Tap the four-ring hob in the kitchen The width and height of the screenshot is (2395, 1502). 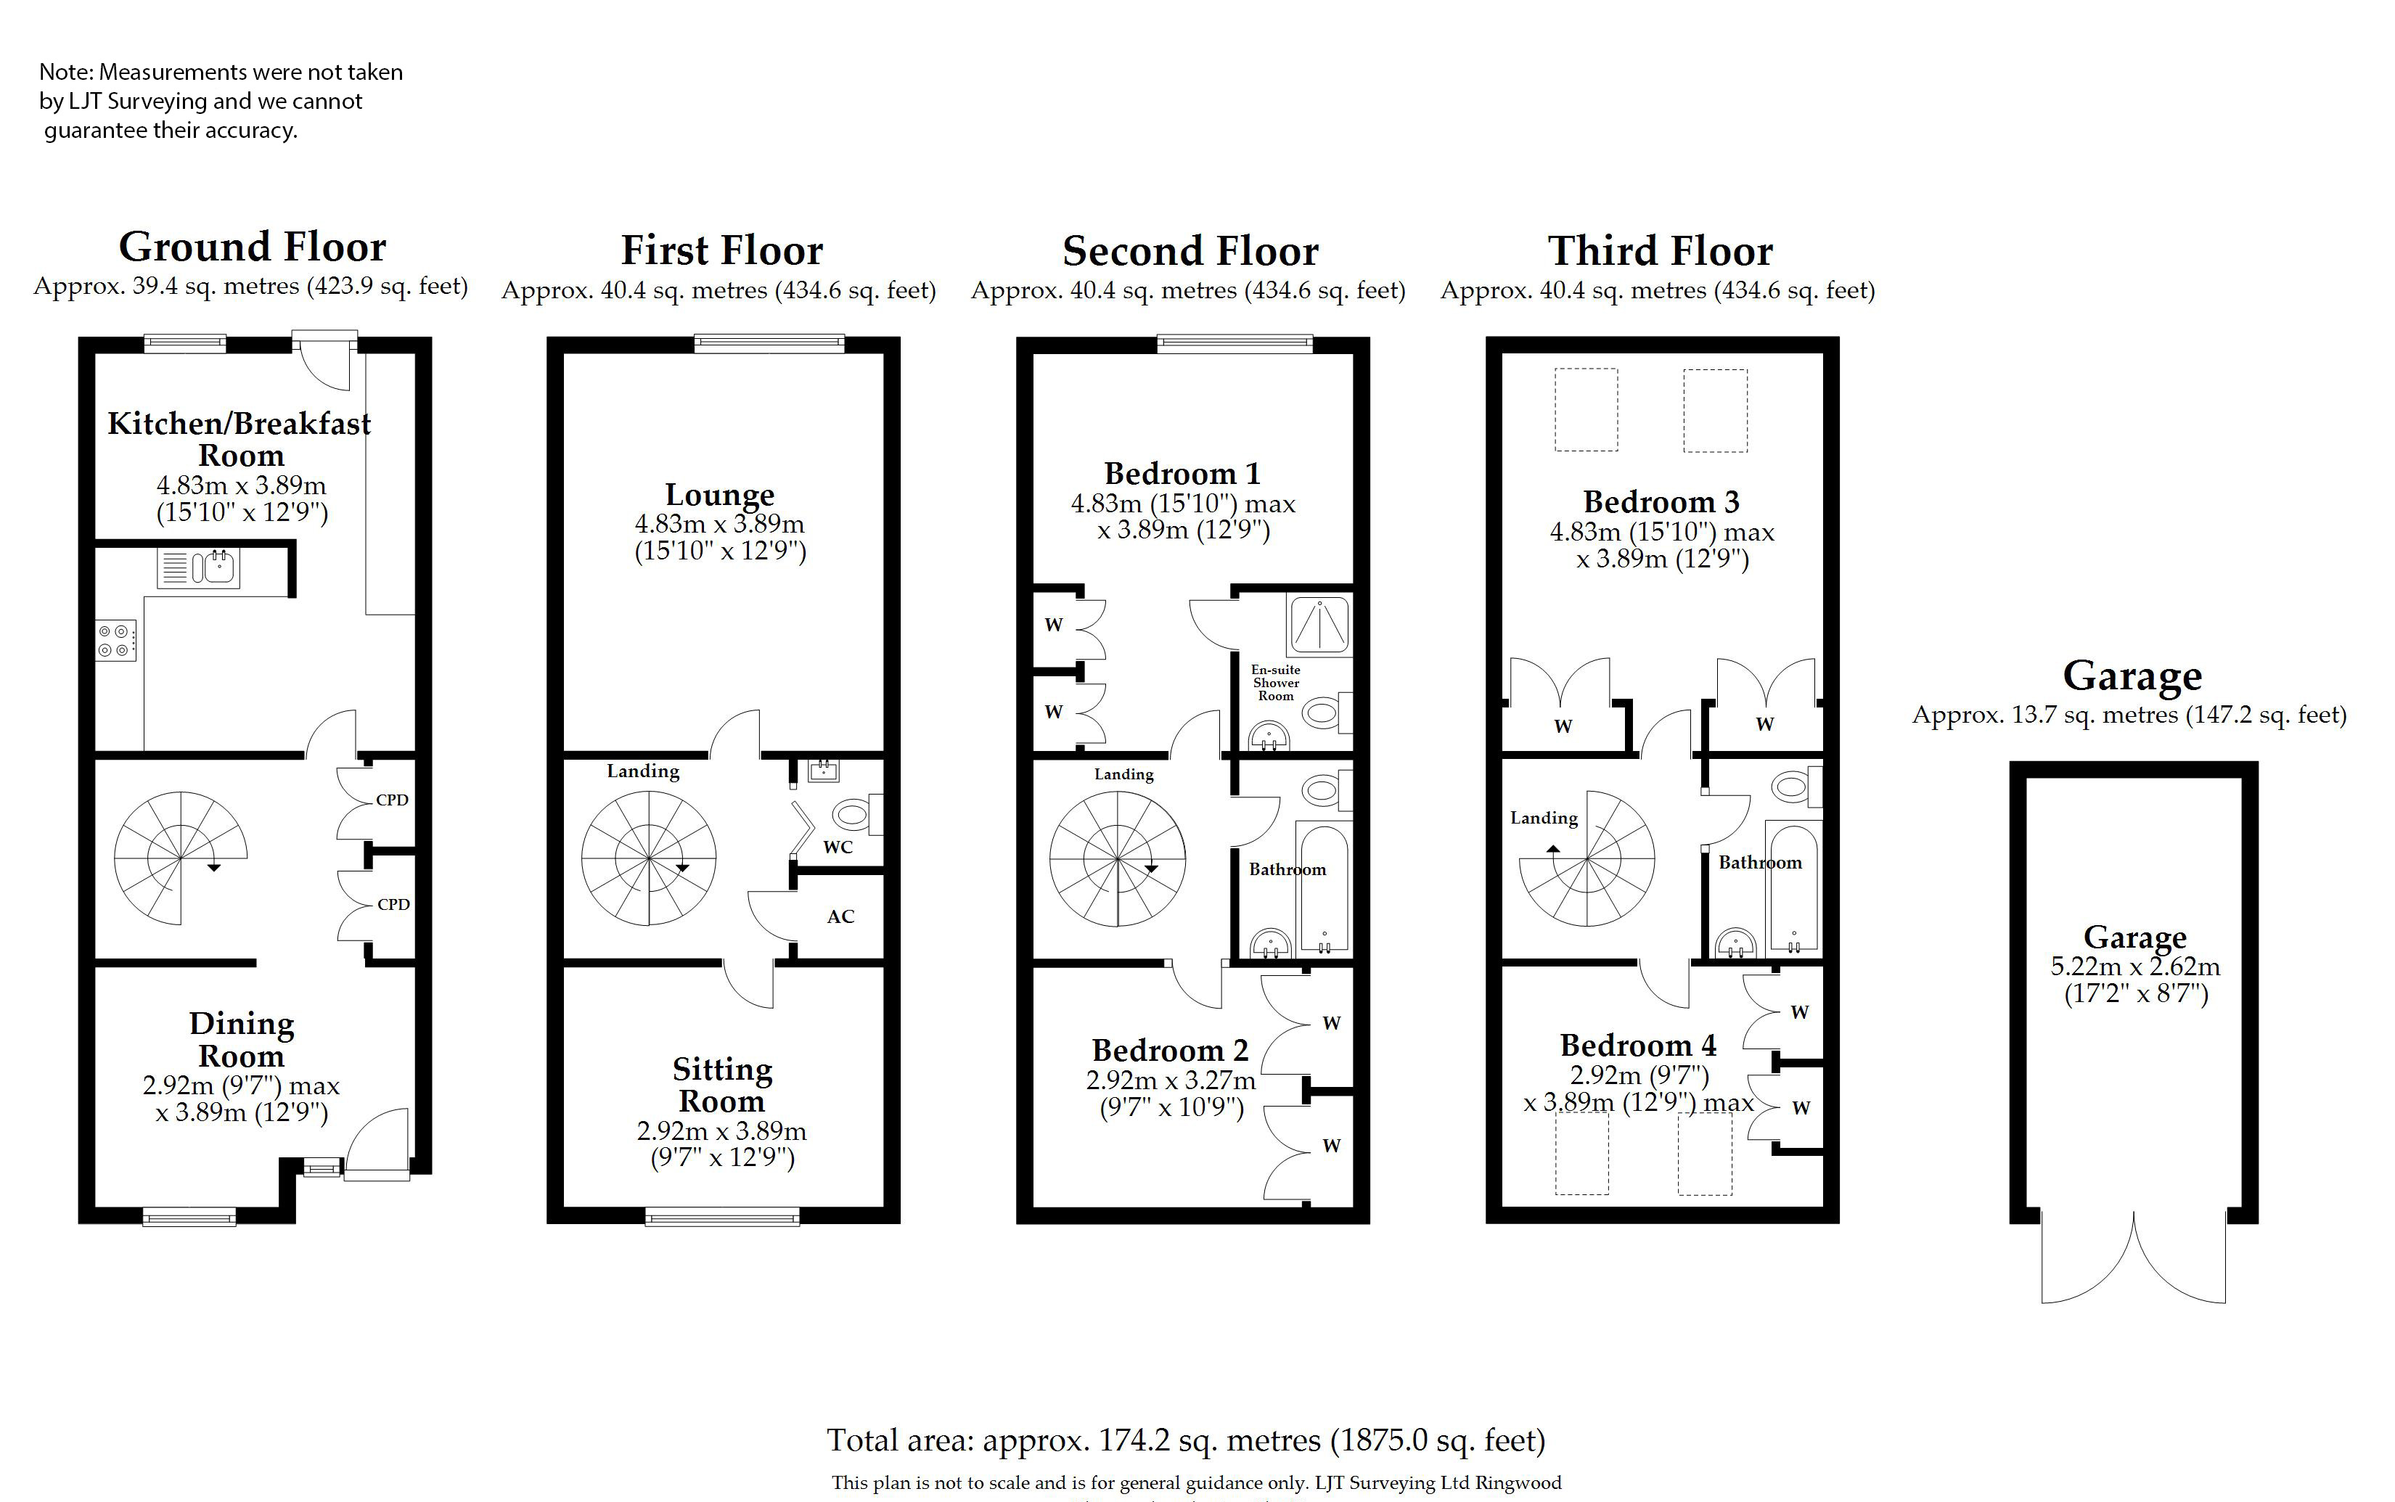click(x=115, y=641)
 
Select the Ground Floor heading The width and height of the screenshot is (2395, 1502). click(x=253, y=247)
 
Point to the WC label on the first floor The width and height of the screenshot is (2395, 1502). click(x=838, y=848)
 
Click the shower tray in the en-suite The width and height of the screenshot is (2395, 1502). click(x=1319, y=625)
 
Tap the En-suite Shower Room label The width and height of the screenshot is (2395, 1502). click(x=1275, y=683)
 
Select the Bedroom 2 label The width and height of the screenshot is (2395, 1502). click(x=1170, y=1050)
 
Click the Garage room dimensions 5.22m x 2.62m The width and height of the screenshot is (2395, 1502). click(x=2134, y=967)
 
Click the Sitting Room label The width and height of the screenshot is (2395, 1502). click(x=721, y=1085)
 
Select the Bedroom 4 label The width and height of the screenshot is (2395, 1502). click(x=1638, y=1045)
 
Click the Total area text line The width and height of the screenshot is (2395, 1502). click(x=1186, y=1440)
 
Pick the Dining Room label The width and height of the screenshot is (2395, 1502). click(x=242, y=1039)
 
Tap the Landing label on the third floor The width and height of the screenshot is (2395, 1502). click(x=1544, y=818)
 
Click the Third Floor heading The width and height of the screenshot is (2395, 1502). click(x=1660, y=250)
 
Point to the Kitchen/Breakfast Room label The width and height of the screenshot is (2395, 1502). click(x=239, y=439)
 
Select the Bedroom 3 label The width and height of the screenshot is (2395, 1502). click(x=1661, y=501)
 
